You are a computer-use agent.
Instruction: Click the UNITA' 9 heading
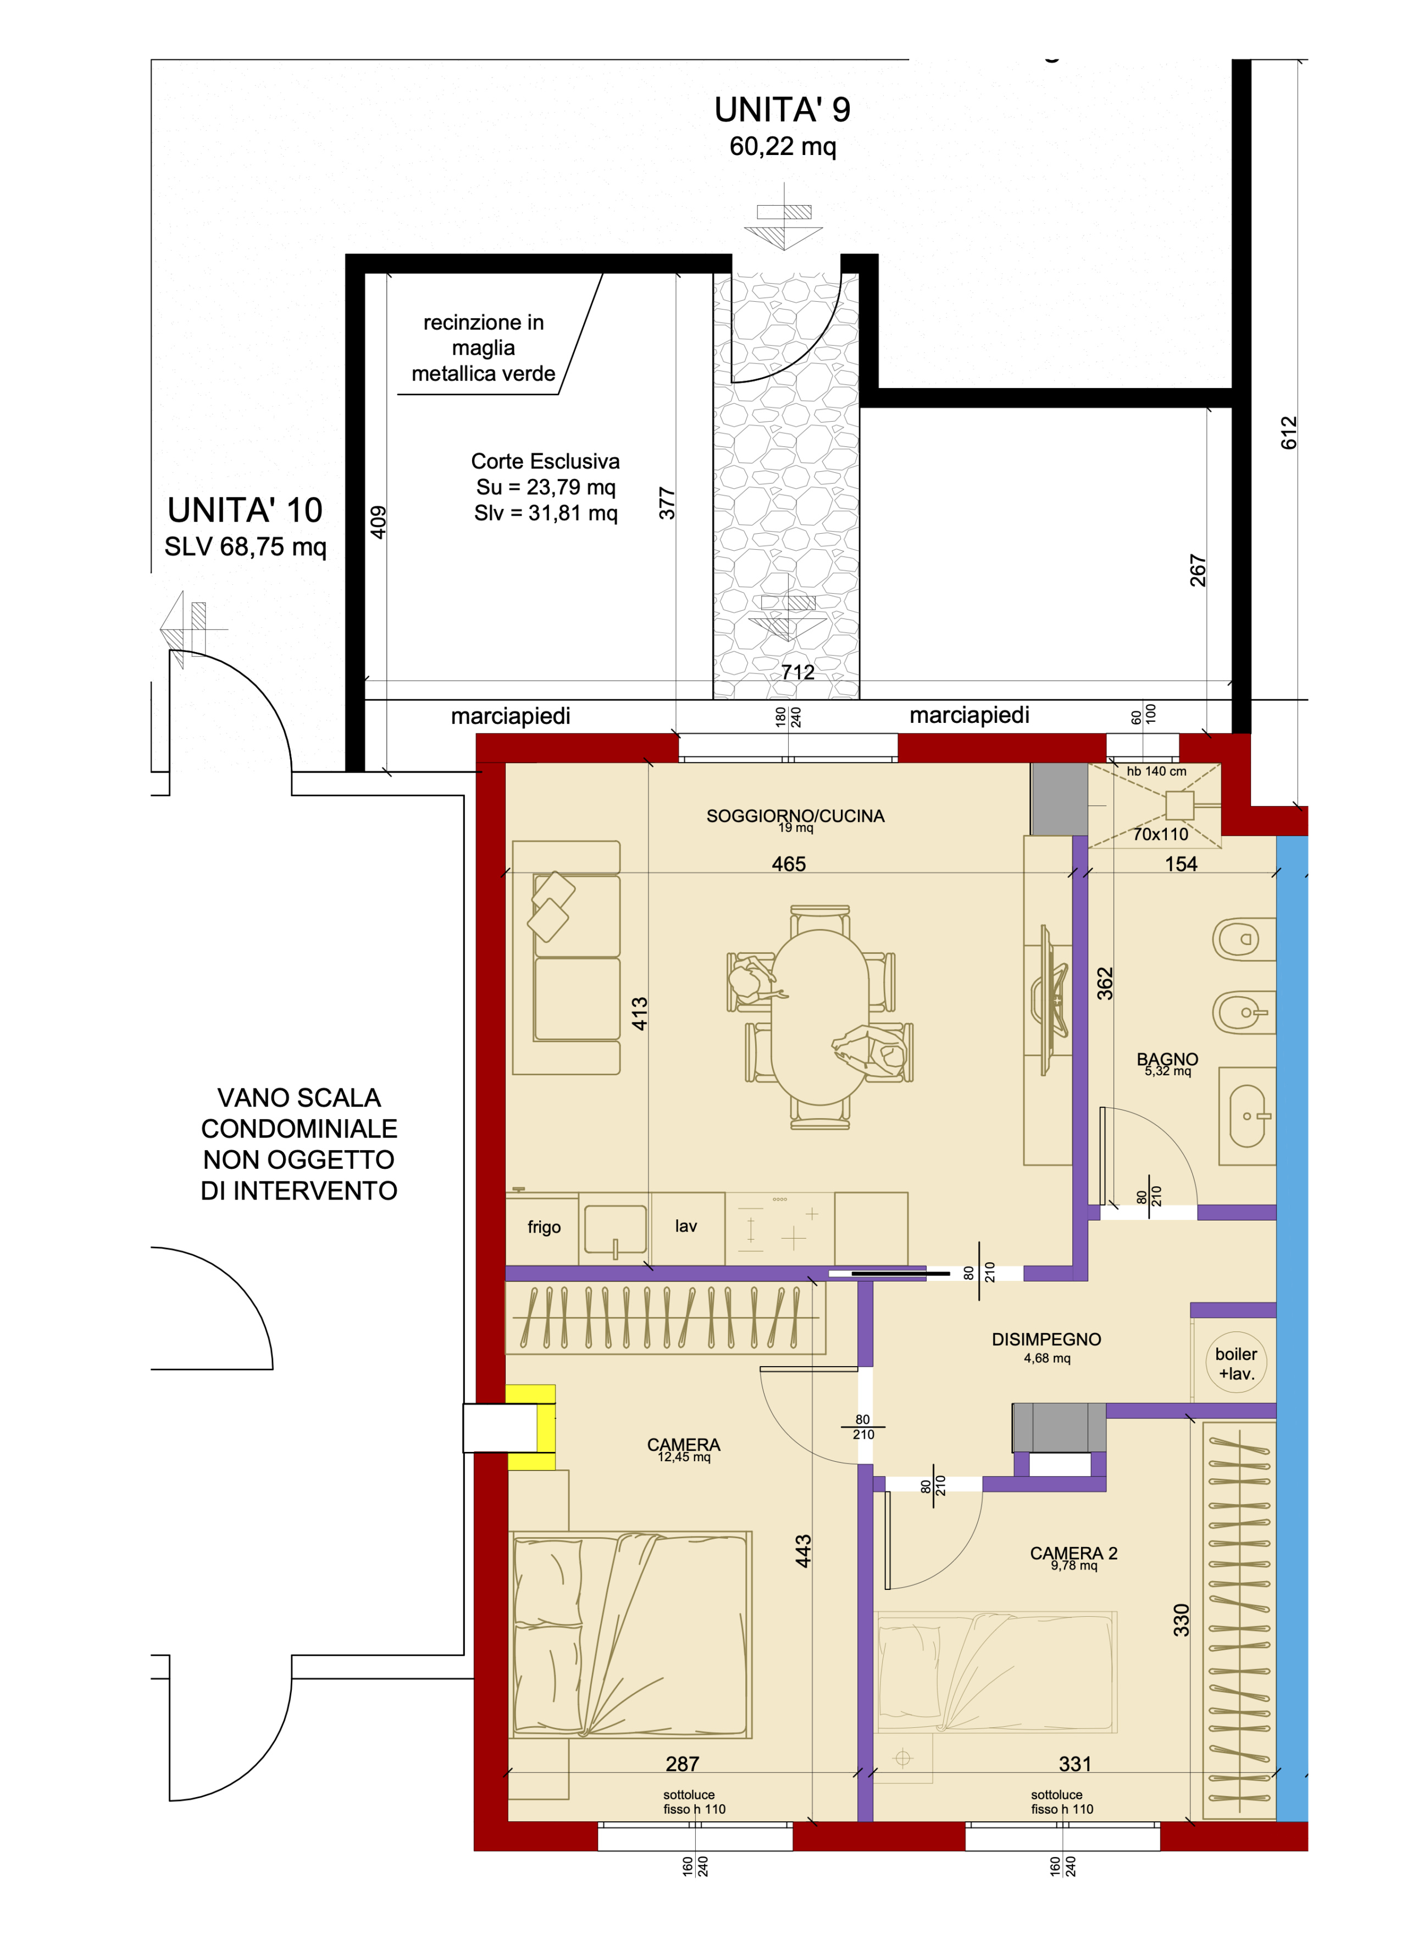tap(782, 110)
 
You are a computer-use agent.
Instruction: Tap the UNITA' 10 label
tap(245, 510)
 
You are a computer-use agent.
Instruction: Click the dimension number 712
tap(797, 672)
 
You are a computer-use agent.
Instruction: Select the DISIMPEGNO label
tap(1046, 1340)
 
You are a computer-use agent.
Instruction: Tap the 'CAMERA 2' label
tap(1073, 1553)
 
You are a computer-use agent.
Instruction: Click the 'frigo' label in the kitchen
tap(544, 1227)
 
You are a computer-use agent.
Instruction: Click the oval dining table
tap(821, 1016)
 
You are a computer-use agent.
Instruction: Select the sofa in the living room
tap(566, 958)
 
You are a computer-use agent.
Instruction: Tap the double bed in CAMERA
tap(631, 1635)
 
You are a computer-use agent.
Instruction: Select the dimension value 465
tap(789, 864)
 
